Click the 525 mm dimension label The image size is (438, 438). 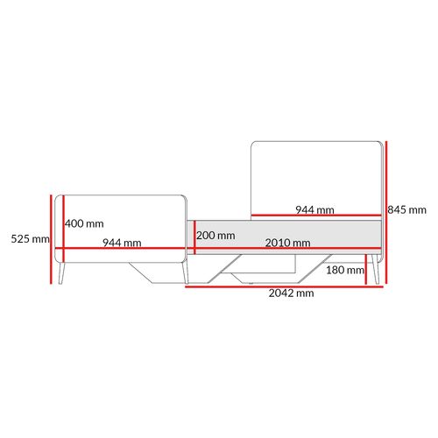point(31,239)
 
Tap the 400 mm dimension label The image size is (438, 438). point(84,223)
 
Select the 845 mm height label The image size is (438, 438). point(406,209)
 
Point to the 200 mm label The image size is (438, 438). point(215,236)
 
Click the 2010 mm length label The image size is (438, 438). point(287,243)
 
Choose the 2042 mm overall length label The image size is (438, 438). point(291,293)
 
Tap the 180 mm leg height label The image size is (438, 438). point(345,270)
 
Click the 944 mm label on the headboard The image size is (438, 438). point(314,209)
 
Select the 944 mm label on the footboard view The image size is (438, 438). point(122,243)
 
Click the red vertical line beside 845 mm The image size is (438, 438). point(386,212)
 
